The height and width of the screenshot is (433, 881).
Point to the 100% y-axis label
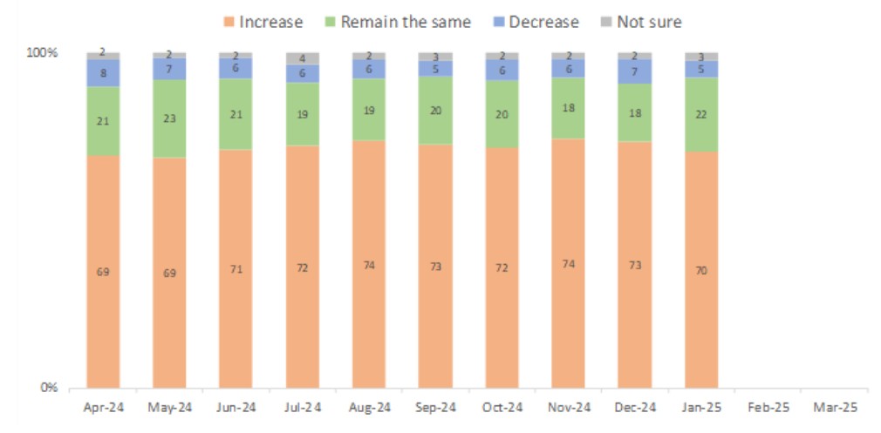pos(42,53)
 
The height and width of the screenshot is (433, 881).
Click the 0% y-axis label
pos(48,388)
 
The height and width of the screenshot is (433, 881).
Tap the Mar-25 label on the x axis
pos(835,408)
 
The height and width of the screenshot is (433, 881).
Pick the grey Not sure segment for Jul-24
pos(302,58)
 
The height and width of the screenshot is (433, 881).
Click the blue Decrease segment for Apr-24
pos(103,73)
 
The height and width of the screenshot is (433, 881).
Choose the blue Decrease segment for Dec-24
pos(634,71)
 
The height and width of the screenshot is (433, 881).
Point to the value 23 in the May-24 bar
pos(169,118)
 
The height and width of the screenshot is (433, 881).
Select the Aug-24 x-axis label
pos(369,408)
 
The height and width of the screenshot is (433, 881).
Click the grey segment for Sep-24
pos(434,57)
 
